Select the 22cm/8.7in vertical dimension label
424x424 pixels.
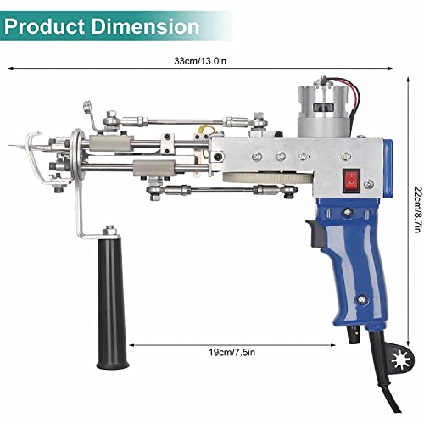pyautogui.click(x=409, y=230)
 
